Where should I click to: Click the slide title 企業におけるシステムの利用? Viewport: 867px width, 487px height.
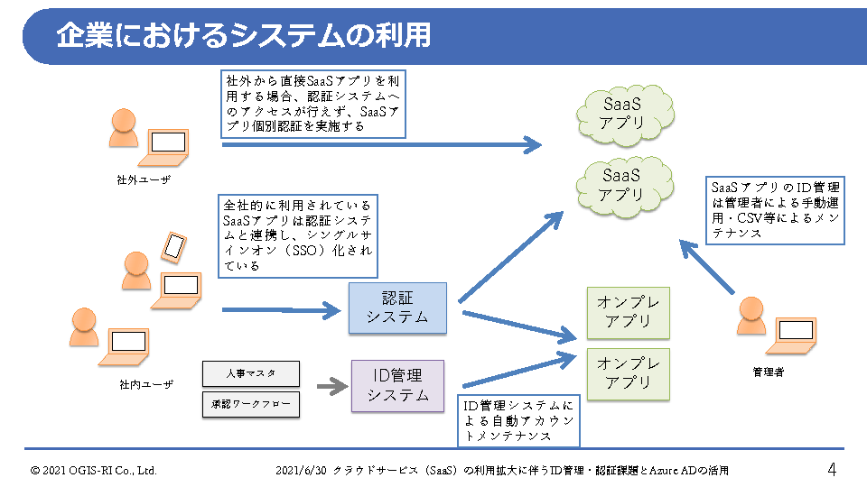click(x=244, y=35)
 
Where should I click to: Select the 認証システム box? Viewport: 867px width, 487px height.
click(x=398, y=308)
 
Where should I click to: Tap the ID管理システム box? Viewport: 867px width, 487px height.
click(x=398, y=385)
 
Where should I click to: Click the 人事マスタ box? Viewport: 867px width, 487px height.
click(x=250, y=372)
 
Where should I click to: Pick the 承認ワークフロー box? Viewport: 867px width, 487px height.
click(x=250, y=405)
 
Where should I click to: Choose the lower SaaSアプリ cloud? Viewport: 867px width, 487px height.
click(x=622, y=184)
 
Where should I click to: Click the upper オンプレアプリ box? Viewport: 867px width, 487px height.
click(x=629, y=313)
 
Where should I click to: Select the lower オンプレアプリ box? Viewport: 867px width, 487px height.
click(x=629, y=373)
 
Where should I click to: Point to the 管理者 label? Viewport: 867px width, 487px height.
click(x=768, y=372)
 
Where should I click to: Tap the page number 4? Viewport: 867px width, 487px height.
click(x=832, y=469)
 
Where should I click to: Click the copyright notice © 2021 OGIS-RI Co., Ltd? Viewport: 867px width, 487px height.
click(x=94, y=470)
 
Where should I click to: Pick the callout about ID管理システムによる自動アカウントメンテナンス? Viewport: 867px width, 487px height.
click(x=518, y=420)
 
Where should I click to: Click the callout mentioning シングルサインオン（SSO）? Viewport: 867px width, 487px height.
click(x=297, y=235)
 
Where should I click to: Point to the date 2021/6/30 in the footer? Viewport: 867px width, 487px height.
click(x=302, y=470)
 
